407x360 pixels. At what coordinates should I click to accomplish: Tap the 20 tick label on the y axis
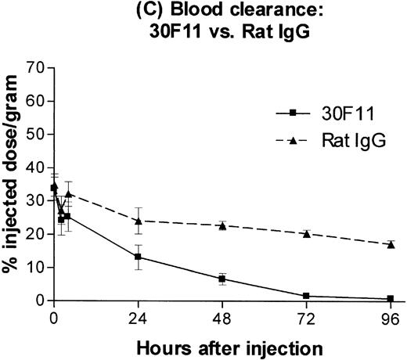[x=34, y=233]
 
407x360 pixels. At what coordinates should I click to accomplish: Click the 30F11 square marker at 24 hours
[x=138, y=257]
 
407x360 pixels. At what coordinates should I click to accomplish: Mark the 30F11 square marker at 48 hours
[x=222, y=279]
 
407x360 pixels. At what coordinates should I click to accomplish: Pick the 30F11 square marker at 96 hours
[x=390, y=299]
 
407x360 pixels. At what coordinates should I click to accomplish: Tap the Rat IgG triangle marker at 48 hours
[x=222, y=225]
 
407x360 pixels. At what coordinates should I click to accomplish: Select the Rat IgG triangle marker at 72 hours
[x=306, y=233]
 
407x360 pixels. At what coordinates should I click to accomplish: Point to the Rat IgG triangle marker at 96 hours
[x=390, y=244]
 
